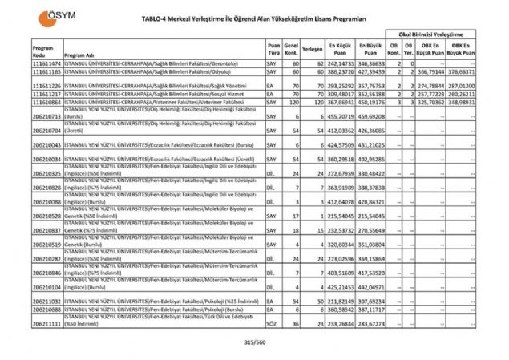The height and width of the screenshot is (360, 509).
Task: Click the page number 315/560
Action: (x=254, y=342)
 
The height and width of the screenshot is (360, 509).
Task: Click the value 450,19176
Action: (x=370, y=103)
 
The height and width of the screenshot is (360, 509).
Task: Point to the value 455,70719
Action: (x=340, y=117)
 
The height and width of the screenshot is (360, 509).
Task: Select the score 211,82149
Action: (x=340, y=300)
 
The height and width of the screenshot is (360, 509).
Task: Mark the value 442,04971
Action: (x=370, y=286)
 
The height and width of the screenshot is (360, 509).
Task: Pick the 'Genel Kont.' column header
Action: (x=292, y=47)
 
